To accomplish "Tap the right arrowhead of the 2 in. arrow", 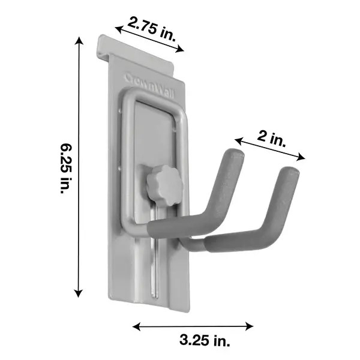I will pos(303,159).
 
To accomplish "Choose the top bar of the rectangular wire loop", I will pos(153,95).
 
